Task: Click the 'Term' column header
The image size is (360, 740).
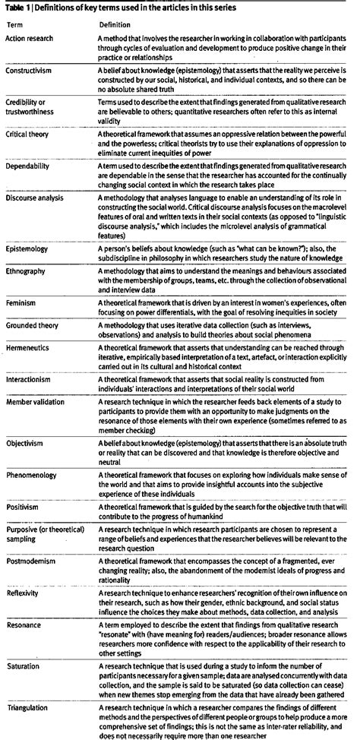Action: [x=14, y=24]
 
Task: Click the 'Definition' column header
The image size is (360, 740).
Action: [x=118, y=24]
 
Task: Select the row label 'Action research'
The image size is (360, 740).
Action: [x=30, y=39]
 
